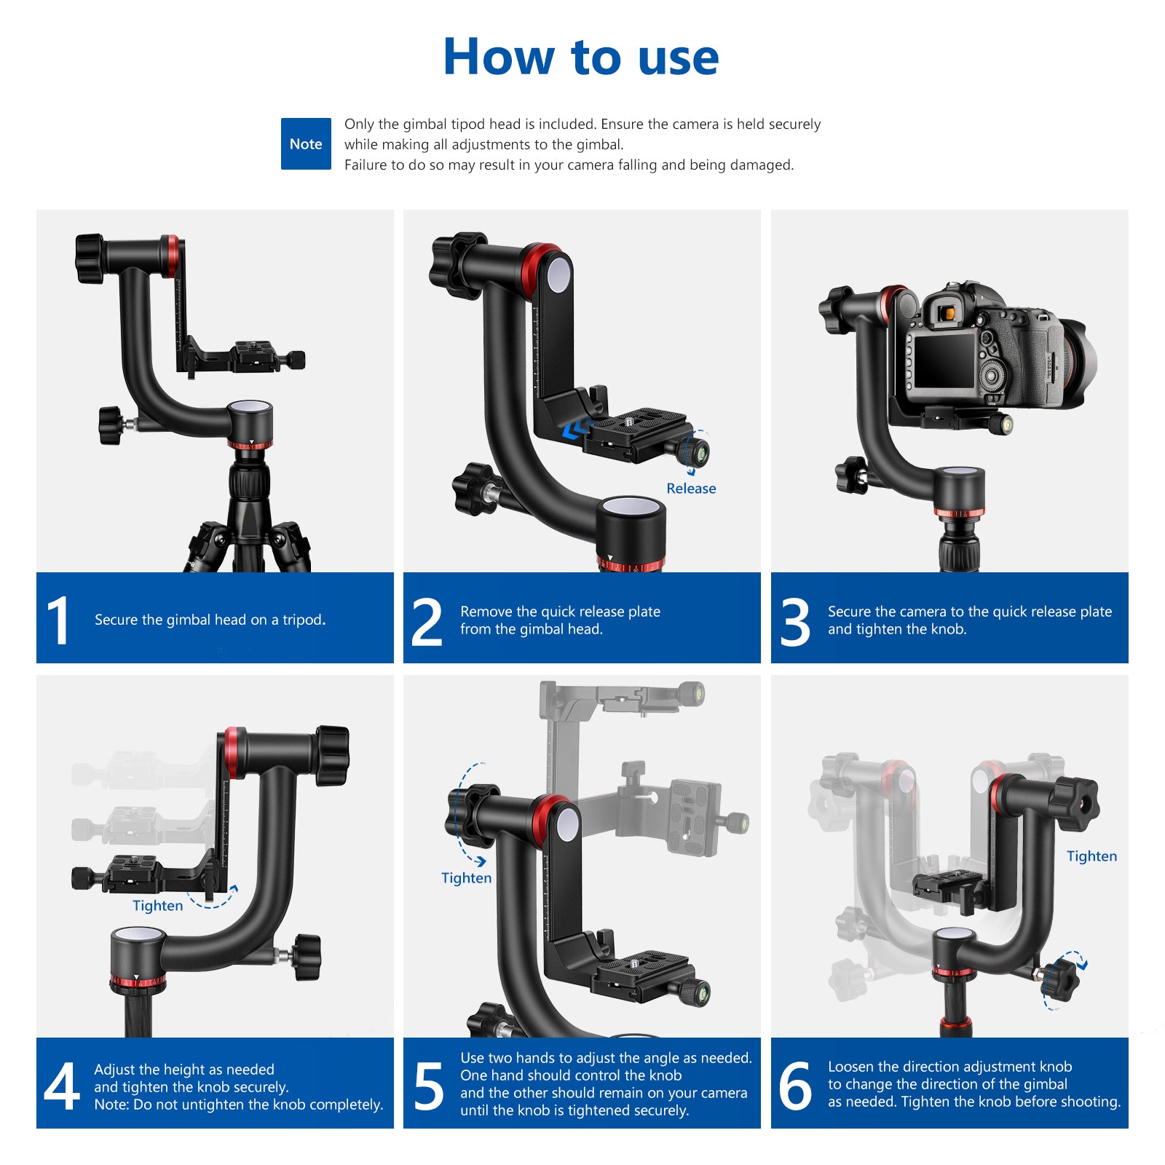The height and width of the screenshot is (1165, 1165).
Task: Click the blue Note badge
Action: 306,144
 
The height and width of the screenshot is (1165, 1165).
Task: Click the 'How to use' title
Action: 581,57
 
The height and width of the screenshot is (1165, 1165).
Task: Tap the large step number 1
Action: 58,620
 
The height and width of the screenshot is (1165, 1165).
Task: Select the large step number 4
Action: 61,1086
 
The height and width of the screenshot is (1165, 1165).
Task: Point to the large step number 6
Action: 794,1086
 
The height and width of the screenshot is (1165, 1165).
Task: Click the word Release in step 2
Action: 691,489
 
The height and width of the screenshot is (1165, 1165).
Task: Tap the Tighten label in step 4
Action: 157,906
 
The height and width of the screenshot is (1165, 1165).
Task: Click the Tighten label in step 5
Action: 466,878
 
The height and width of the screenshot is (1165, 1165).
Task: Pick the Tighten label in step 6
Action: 1091,856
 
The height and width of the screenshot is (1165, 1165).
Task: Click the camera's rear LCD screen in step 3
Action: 944,361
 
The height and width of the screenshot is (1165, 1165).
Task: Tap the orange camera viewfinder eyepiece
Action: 947,313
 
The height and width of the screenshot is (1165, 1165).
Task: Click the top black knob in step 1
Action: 90,258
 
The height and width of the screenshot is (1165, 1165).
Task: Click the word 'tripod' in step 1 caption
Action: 301,620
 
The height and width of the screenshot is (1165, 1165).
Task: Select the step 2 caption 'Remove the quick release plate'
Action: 560,612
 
